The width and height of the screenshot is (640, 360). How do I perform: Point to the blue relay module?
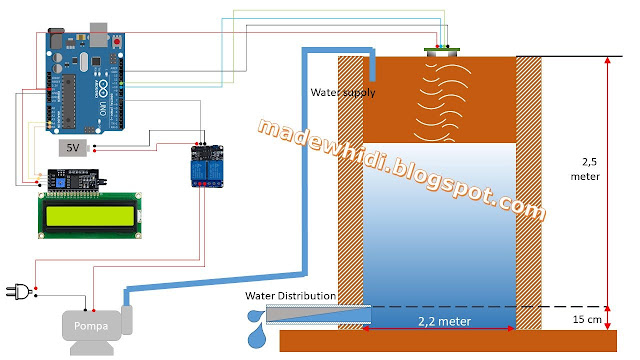pos(206,166)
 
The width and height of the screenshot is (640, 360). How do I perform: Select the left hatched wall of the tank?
pos(349,190)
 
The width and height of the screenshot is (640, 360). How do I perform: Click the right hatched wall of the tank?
pos(527,190)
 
